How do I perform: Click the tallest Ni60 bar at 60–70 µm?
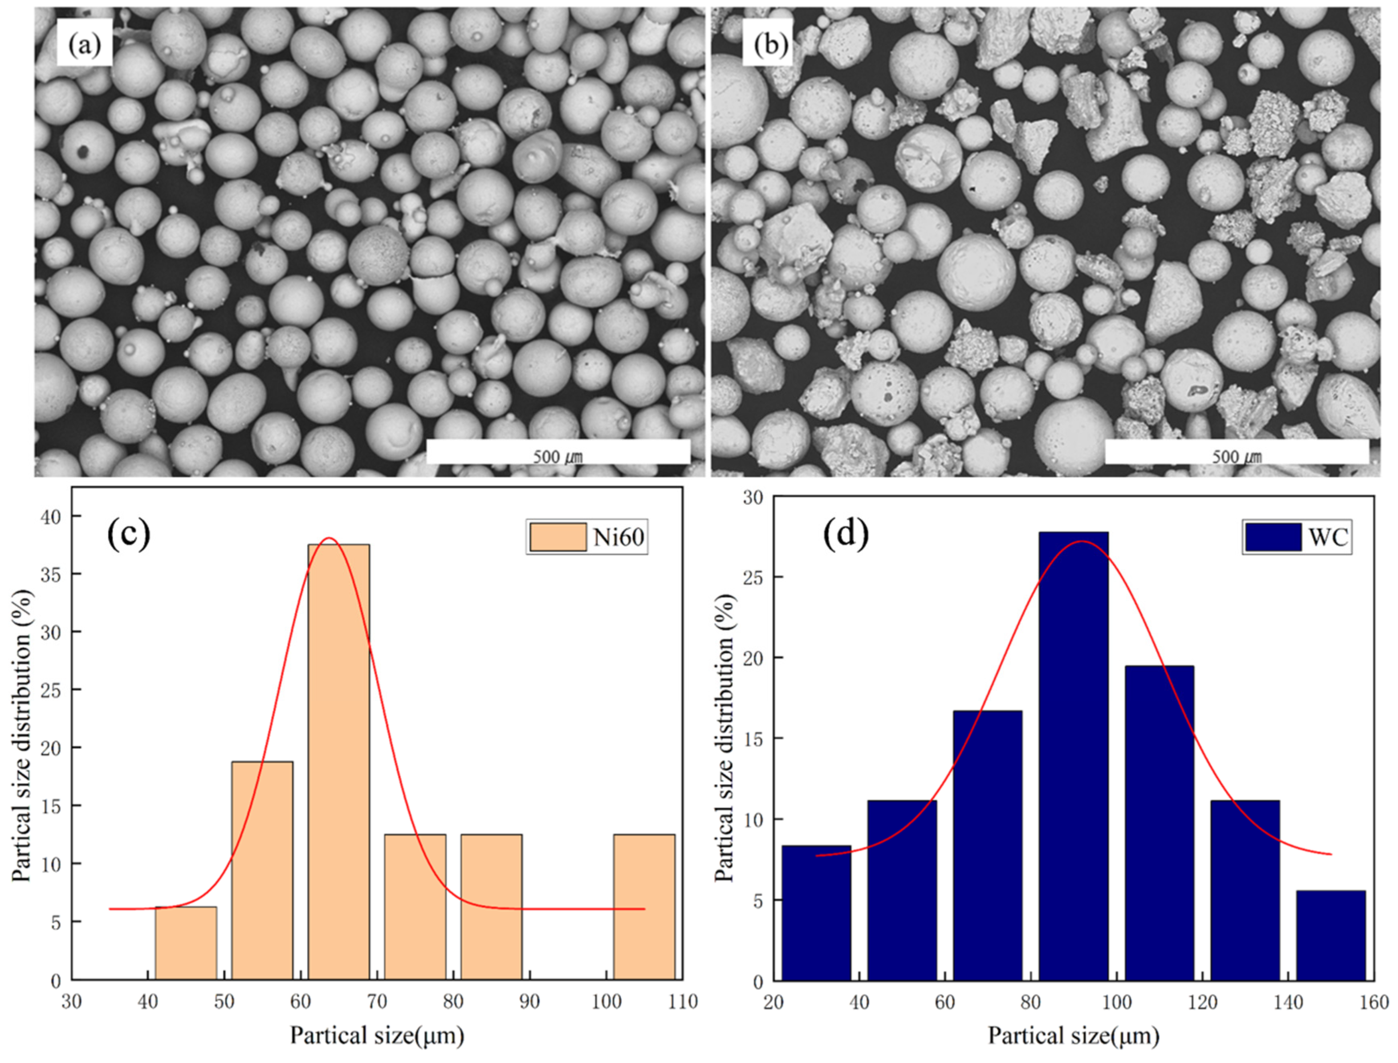[339, 762]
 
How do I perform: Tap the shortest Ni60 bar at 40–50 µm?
[186, 943]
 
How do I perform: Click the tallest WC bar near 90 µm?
[1073, 756]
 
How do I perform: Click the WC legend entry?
[1297, 537]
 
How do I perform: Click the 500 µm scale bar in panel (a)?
[558, 452]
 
